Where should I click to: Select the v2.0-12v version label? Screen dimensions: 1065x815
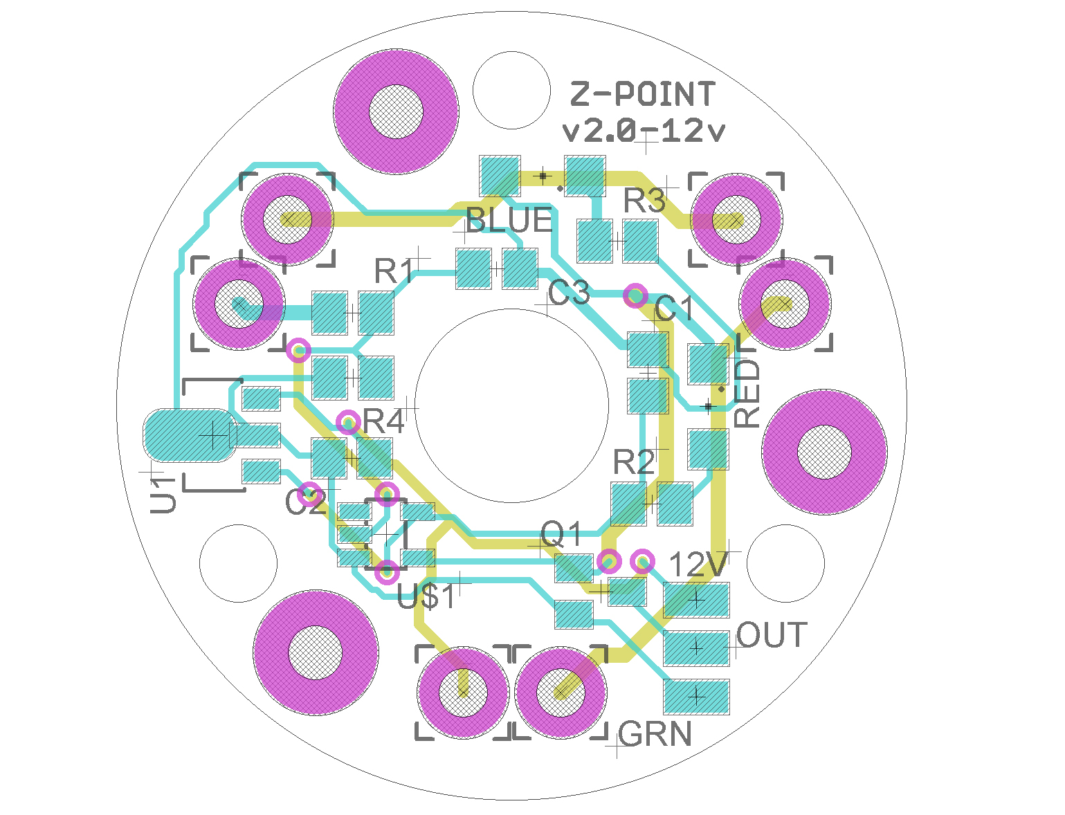pyautogui.click(x=644, y=131)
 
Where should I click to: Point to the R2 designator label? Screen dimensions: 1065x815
pyautogui.click(x=633, y=461)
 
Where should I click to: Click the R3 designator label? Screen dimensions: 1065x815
pyautogui.click(x=644, y=200)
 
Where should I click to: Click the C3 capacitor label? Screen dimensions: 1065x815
pyautogui.click(x=569, y=293)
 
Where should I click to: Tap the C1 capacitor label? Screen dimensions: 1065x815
pyautogui.click(x=674, y=309)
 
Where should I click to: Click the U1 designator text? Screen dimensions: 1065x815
pyautogui.click(x=163, y=495)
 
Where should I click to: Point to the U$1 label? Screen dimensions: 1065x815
pyautogui.click(x=426, y=596)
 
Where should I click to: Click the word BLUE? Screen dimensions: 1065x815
pyautogui.click(x=509, y=220)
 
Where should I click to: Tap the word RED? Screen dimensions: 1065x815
pyautogui.click(x=746, y=394)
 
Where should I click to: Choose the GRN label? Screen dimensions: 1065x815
pyautogui.click(x=655, y=734)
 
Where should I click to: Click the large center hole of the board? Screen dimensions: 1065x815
pyautogui.click(x=511, y=405)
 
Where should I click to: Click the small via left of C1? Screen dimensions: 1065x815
pyautogui.click(x=635, y=295)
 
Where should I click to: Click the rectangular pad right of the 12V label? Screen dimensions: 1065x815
pyautogui.click(x=695, y=600)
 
